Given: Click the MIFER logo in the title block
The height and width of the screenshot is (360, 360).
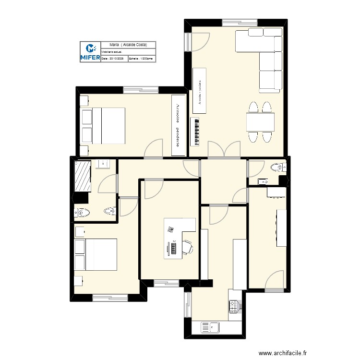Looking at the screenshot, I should (x=90, y=52).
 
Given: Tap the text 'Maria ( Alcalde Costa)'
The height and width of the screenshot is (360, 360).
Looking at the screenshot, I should (x=128, y=45).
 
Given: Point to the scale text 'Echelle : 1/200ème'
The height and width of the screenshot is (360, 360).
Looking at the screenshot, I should (x=141, y=59).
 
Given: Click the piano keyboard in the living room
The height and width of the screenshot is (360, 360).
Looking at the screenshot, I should (x=195, y=132).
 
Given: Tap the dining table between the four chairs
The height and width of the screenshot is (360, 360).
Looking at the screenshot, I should (x=260, y=122).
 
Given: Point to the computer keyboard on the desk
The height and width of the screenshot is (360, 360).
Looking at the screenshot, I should (x=173, y=248).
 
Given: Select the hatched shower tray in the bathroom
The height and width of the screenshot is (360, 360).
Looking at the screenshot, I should (x=83, y=176).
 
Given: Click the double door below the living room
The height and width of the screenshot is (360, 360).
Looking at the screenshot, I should (x=224, y=150).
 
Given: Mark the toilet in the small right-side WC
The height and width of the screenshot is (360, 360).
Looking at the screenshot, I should (x=277, y=167).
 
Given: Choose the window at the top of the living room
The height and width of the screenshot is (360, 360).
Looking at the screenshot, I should (x=240, y=22).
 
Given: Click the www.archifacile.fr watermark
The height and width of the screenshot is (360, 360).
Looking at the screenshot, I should (x=282, y=352).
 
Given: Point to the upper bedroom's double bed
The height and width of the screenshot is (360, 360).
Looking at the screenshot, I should (x=108, y=125).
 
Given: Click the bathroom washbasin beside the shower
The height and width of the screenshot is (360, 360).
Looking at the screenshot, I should (x=103, y=164).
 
